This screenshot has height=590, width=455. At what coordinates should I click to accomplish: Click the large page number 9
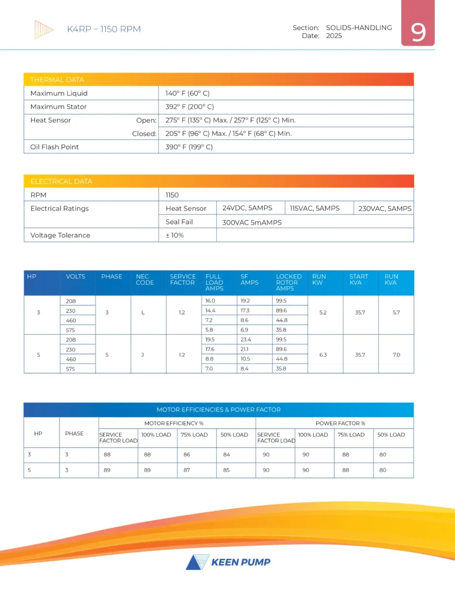[418, 32]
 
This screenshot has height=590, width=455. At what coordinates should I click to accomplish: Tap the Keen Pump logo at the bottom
[228, 562]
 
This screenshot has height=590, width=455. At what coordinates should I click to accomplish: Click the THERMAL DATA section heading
[57, 80]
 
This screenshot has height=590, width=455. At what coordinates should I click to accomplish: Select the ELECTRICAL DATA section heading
[61, 181]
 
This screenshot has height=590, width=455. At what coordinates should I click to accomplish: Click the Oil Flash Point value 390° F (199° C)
[189, 147]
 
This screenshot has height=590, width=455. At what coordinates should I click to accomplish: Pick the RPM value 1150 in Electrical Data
[172, 195]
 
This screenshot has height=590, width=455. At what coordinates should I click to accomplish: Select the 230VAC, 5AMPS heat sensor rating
[385, 209]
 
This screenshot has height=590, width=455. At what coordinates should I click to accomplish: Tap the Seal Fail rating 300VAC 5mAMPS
[252, 222]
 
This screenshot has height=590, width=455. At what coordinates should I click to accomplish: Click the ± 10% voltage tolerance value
[174, 235]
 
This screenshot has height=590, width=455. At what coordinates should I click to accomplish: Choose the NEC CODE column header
[145, 279]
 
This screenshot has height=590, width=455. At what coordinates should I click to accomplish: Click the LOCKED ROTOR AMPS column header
[289, 282]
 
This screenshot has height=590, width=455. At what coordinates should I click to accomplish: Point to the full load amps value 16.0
[211, 301]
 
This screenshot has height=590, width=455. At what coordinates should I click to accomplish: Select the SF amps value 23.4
[246, 339]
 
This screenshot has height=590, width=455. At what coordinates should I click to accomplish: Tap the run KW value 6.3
[323, 354]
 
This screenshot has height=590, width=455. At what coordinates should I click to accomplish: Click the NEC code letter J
[142, 354]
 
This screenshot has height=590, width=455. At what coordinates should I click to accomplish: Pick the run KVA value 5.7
[396, 312]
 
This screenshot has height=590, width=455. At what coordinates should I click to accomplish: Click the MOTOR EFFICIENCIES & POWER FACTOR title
[219, 410]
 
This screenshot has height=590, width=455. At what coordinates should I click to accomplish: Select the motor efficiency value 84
[226, 455]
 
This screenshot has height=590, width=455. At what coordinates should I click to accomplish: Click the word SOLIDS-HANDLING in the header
[359, 28]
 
